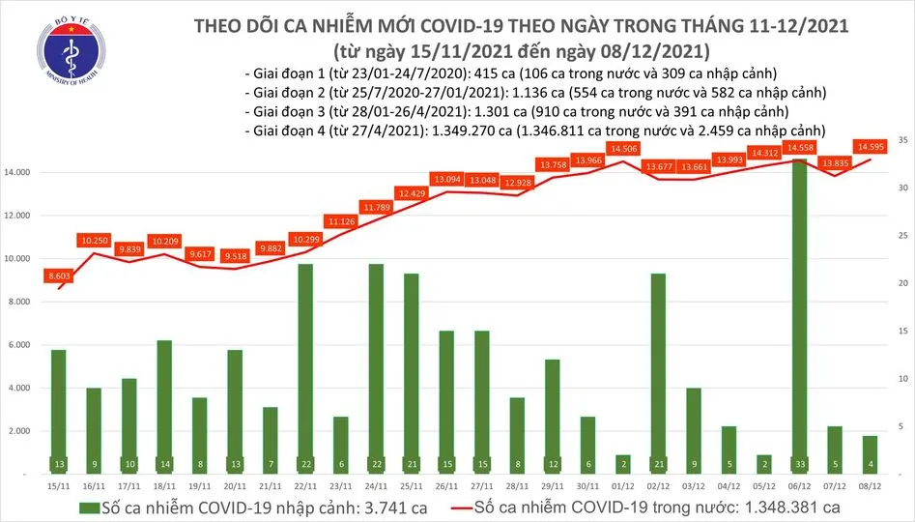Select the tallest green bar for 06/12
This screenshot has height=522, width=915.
(x=798, y=309)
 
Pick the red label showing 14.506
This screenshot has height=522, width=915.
(x=622, y=148)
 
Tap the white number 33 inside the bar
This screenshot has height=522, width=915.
(x=798, y=463)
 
